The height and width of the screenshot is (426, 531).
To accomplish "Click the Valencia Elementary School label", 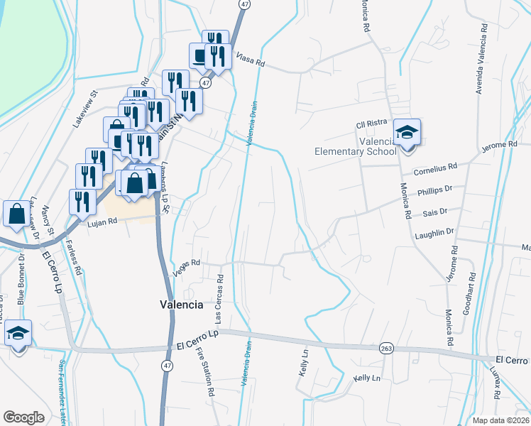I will [x=356, y=146].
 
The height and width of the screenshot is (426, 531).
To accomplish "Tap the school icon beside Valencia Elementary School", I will [x=407, y=133].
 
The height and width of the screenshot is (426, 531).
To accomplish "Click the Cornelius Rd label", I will [x=435, y=170].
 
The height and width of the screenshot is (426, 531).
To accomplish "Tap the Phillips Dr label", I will [x=435, y=191].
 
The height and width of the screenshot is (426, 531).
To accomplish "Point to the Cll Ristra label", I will [x=370, y=126].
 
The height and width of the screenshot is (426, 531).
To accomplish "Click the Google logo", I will [x=23, y=417].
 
